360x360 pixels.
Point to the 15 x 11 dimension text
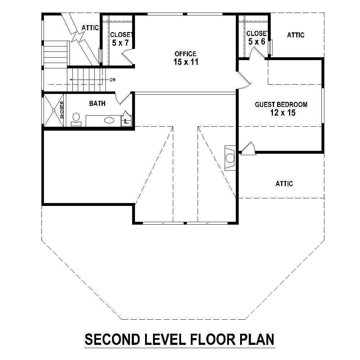[x=185, y=62]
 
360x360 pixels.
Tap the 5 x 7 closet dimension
[x=120, y=43]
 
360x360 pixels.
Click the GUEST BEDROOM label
[x=281, y=105]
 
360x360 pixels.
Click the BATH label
[x=97, y=104]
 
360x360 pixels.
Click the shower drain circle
[x=54, y=110]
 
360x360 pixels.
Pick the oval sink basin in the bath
[x=109, y=121]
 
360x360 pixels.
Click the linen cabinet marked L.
[x=126, y=121]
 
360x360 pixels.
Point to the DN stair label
[x=113, y=80]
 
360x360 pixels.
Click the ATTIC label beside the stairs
[x=90, y=28]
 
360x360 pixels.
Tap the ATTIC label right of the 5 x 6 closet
[x=296, y=35]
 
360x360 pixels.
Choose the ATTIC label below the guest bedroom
[x=284, y=184]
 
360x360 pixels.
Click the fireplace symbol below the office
[x=229, y=157]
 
